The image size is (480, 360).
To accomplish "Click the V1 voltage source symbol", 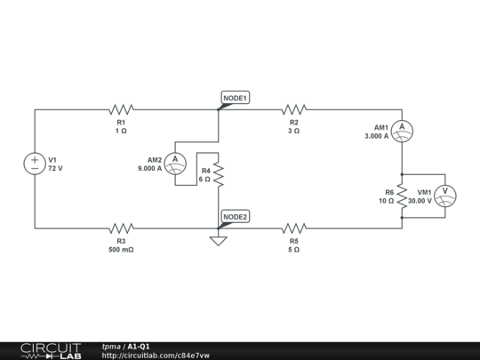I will (x=35, y=164).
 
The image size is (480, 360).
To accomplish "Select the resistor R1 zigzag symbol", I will (x=121, y=109).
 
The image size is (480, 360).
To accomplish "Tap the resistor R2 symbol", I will (x=293, y=109).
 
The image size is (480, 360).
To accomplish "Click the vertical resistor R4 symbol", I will (x=218, y=173).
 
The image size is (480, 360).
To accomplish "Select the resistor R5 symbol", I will (x=293, y=228).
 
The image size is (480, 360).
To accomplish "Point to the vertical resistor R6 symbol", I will (x=402, y=196).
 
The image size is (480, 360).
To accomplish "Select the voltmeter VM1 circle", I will (x=449, y=196).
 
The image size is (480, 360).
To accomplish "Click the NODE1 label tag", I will (x=236, y=97).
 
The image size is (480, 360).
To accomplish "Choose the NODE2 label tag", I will (x=236, y=217).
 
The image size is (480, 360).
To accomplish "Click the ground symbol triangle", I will (x=218, y=240).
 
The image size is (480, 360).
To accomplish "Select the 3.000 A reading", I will (x=376, y=137).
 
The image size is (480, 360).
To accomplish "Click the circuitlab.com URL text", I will (x=156, y=356).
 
